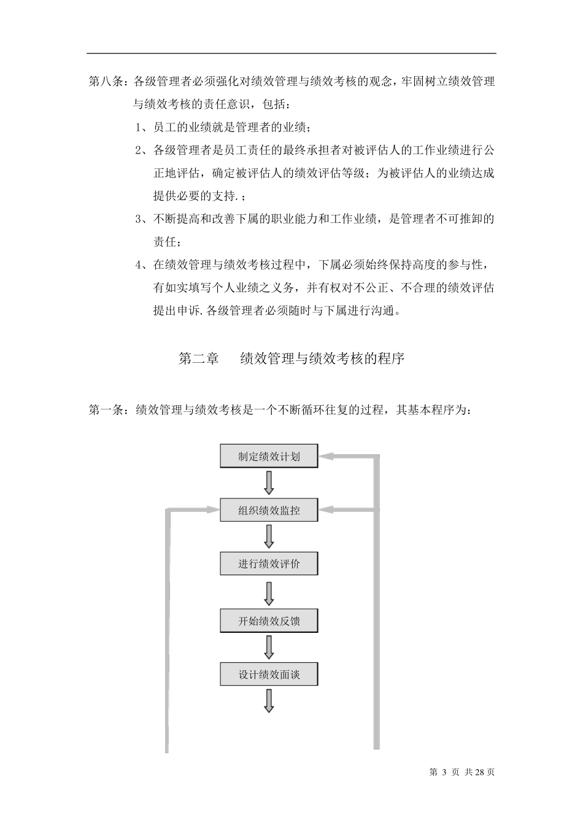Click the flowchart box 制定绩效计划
pos(269,456)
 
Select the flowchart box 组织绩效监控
pos(269,509)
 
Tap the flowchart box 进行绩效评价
pos(269,564)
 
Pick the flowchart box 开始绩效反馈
pos(269,621)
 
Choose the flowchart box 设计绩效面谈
pos(269,675)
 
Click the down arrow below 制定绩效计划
pos(269,482)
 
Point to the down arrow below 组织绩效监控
pos(269,536)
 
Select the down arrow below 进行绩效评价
pos(269,593)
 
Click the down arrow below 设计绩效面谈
pos(269,701)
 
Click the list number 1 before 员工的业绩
pos(139,128)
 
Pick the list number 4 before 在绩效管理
pos(139,265)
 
